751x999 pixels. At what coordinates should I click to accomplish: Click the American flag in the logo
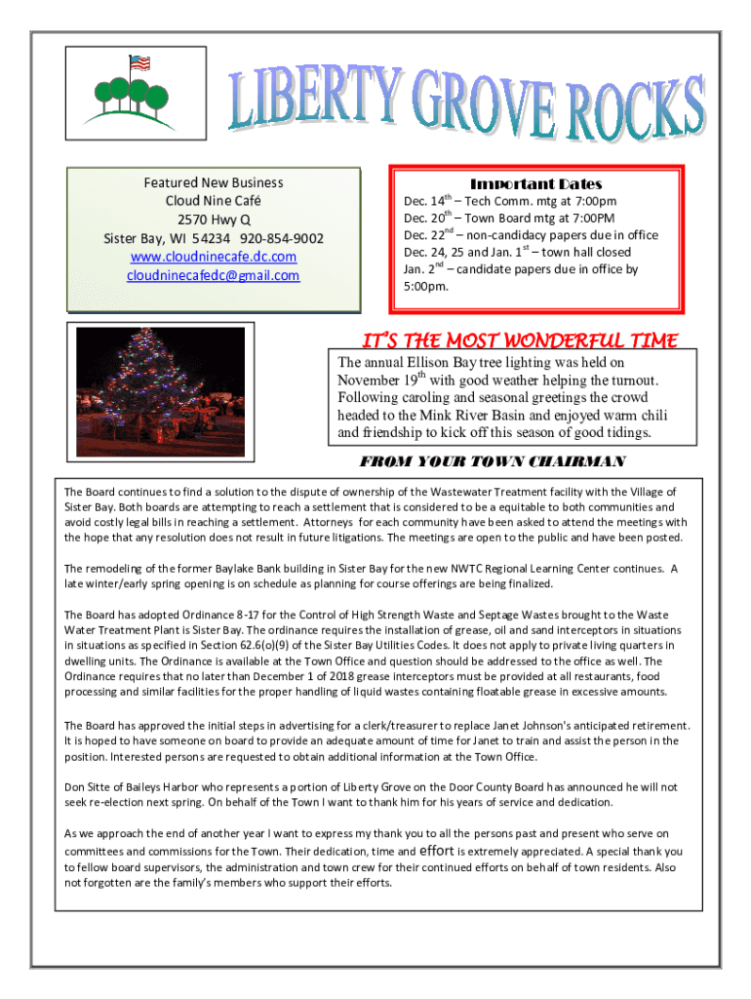138,63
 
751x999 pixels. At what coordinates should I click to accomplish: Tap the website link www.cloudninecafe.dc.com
214,257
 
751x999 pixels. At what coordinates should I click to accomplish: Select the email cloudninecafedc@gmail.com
214,275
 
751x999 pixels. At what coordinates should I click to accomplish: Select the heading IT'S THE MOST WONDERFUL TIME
520,340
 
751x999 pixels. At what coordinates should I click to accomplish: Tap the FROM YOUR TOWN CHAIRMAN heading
493,460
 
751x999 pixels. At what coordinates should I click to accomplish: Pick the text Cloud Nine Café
214,201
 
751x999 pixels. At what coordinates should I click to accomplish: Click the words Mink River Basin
455,415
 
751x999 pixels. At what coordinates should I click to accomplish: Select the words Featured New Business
214,182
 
